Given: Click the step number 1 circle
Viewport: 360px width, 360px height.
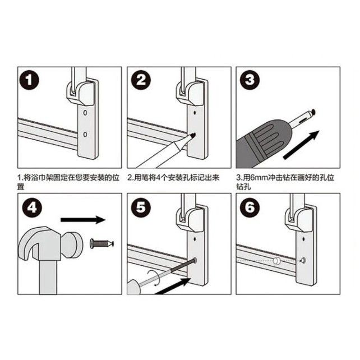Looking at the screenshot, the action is (x=29, y=80).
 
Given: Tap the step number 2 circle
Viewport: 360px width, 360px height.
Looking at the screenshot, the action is (x=141, y=80).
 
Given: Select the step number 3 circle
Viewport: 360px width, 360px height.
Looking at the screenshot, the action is (x=250, y=80).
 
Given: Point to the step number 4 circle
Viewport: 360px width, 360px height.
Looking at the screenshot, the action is (x=32, y=208).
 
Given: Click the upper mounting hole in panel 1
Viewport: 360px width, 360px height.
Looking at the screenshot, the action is (x=85, y=113).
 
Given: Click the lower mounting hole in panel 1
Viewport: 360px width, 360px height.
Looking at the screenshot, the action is (x=85, y=135).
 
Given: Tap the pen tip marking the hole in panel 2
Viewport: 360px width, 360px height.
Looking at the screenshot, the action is (x=192, y=136).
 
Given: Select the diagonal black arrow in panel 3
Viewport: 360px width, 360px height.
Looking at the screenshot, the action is (x=301, y=145).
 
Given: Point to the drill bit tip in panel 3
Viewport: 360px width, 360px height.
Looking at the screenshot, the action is (x=313, y=112).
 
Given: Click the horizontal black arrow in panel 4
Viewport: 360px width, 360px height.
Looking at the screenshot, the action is (x=83, y=220).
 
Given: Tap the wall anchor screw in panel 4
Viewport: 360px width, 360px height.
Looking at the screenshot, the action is (x=102, y=243).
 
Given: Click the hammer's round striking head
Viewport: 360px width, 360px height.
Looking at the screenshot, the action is (x=72, y=244).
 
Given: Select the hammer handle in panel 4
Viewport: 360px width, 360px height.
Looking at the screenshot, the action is (x=48, y=278).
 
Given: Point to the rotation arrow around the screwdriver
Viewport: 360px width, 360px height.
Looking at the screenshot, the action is (x=154, y=278).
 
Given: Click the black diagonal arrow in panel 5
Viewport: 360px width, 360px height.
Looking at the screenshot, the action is (x=173, y=287).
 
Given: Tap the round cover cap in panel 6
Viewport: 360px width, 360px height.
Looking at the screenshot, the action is (x=276, y=261).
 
